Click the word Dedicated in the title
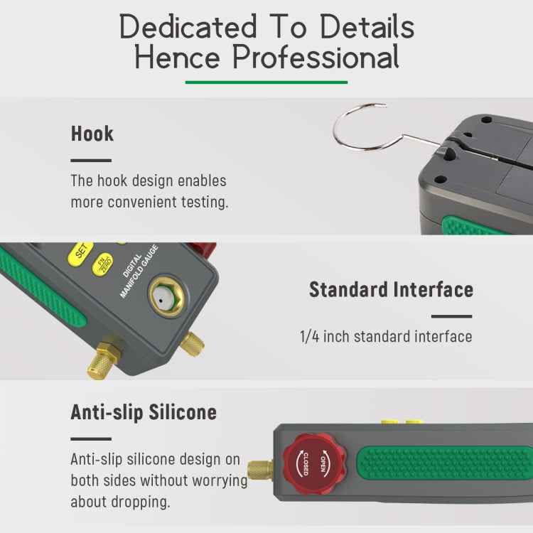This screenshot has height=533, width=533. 188,28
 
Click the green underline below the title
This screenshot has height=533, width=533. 266,82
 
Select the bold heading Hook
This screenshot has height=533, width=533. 92,134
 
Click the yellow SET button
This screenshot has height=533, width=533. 81,251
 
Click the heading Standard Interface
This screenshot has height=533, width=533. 391,290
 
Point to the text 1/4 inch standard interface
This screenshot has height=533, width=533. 385,336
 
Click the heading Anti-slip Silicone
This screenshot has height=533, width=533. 144,412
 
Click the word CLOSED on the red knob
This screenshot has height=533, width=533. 301,463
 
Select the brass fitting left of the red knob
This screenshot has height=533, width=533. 261,470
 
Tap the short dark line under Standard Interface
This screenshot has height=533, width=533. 451,317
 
